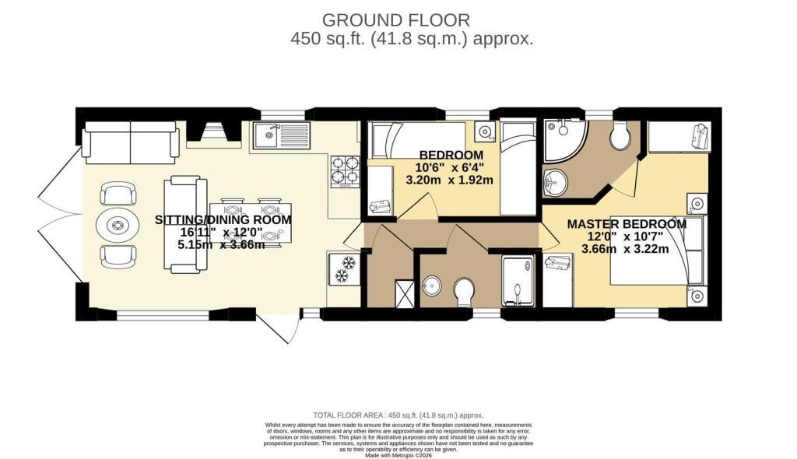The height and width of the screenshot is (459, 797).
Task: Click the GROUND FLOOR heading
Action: coord(398,19)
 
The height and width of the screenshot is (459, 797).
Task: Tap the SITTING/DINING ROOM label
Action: coord(224,219)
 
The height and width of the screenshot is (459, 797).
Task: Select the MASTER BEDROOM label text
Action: coord(627,224)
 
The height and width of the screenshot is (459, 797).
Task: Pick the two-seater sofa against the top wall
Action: coord(130,141)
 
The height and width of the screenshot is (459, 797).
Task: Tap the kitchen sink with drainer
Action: coord(281,138)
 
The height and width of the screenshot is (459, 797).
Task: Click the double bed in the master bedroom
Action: coord(654,259)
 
